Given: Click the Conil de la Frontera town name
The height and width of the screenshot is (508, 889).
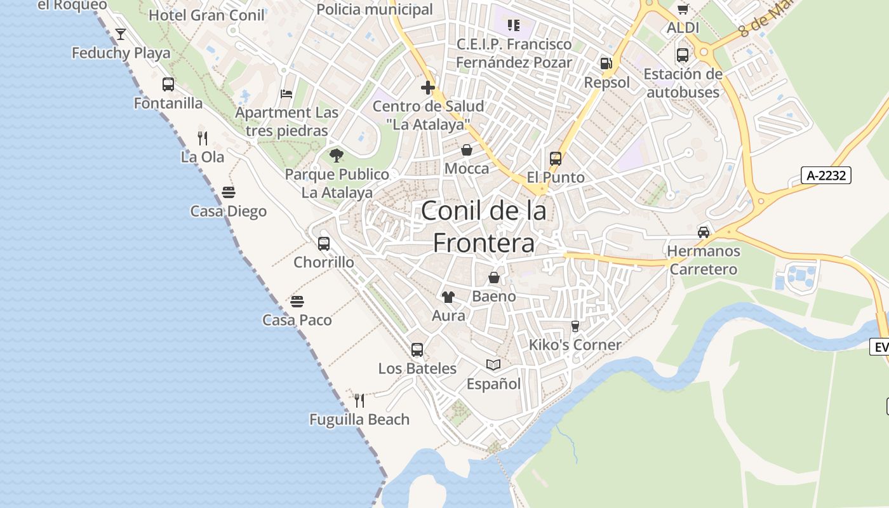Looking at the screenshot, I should [484, 226].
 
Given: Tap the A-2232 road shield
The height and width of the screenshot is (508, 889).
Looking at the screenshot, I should [825, 175].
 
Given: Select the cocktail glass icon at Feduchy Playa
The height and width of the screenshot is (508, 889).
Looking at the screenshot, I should [121, 34].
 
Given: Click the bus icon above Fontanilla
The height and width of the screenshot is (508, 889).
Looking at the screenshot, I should [168, 84].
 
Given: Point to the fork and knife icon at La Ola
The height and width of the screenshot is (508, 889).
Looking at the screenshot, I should [203, 138].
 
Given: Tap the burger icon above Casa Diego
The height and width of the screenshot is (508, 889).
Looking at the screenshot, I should [229, 192].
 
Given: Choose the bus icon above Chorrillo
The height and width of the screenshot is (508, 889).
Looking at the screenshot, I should [324, 243].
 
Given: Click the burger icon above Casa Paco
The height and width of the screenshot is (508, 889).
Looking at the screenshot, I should [297, 301].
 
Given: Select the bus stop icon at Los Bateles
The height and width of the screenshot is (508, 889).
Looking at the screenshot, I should [417, 349].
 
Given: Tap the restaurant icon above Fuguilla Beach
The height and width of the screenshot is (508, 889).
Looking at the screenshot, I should [359, 400].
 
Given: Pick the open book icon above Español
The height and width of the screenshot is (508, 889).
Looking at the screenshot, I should [493, 364].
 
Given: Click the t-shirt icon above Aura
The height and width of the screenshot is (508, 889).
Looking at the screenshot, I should [448, 297].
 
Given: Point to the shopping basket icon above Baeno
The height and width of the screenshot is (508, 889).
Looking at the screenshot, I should [494, 277].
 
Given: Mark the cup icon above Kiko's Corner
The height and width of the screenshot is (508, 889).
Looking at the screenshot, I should [575, 326].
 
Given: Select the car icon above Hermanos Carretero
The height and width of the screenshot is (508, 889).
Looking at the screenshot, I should [704, 232].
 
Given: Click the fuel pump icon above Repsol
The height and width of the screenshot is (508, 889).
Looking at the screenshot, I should [606, 63].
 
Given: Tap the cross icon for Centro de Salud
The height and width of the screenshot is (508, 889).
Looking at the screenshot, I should [428, 87].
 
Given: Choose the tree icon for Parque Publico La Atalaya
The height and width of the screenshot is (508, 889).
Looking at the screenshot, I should [337, 155].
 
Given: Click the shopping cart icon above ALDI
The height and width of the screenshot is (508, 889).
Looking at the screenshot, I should [683, 9].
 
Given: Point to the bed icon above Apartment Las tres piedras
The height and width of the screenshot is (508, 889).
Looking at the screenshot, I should [286, 94].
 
